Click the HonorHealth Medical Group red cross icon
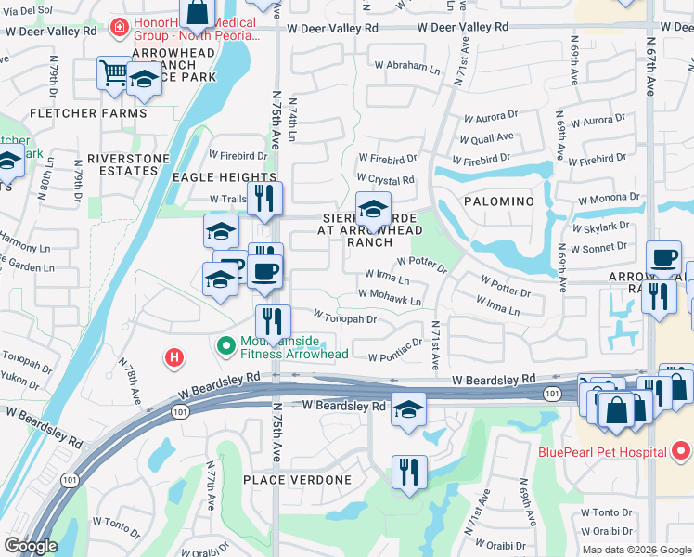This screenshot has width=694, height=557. [x=119, y=29]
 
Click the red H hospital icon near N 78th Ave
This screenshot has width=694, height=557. [x=173, y=356]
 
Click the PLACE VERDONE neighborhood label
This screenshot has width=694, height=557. [x=297, y=480]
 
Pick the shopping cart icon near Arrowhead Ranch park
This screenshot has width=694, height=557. [x=113, y=71]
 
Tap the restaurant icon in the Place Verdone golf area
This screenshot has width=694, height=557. [x=408, y=472]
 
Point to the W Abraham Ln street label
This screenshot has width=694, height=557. [x=407, y=67]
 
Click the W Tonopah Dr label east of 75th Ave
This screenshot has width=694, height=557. [x=344, y=318]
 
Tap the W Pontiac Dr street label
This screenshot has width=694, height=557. [x=395, y=356]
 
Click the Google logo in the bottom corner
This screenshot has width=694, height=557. [x=31, y=546]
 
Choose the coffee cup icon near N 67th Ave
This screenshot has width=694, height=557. [x=663, y=258]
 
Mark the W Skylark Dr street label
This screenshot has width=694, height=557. [x=600, y=227]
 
